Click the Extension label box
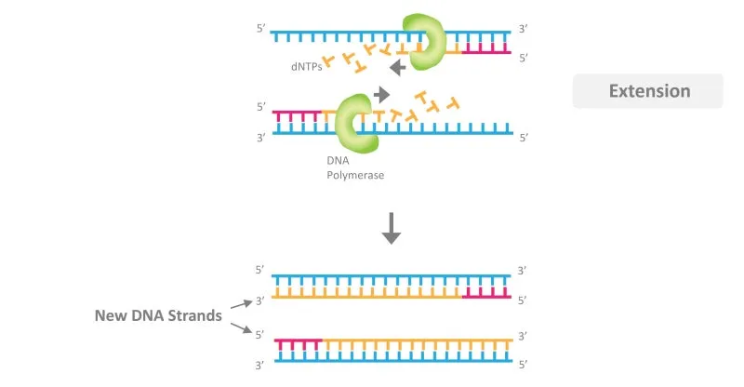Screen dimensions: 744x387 pos(647,90)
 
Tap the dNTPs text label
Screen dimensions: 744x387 pos(307,66)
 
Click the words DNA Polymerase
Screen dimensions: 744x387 pos(355,167)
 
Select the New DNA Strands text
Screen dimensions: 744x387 pos(158,315)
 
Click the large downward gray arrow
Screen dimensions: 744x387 pos(392,229)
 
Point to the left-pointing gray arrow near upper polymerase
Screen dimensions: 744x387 pos(398,68)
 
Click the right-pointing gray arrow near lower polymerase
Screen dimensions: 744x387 pos(381,95)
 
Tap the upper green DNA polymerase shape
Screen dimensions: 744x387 pos(425,42)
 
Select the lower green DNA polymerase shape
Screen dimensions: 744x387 pos(356,124)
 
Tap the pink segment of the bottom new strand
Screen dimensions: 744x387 pos(299,344)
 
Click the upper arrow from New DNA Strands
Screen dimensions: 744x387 pos(242,304)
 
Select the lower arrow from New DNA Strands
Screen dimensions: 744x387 pos(242,327)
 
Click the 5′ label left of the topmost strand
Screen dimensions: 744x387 pos(261,29)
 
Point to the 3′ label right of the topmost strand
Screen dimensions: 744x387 pos(523,29)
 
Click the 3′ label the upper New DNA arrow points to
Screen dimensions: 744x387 pos(260,300)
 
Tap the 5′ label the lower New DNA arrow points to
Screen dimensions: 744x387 pos(260,335)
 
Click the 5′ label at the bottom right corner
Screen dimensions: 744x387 pos(524,365)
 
